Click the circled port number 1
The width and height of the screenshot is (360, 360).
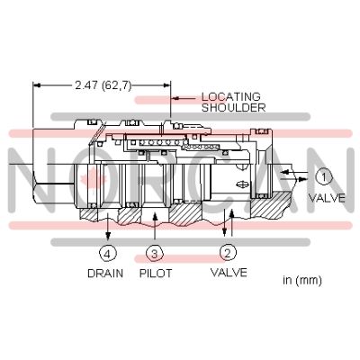(x=324, y=176)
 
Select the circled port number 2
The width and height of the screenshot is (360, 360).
(x=228, y=253)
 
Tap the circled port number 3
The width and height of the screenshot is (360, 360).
(x=154, y=254)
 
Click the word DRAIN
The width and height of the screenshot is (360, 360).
(x=105, y=274)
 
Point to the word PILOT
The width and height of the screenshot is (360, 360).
(x=156, y=274)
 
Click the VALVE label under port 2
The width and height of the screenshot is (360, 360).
(x=229, y=273)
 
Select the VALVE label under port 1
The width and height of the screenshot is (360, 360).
(x=328, y=198)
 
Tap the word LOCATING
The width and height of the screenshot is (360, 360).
(x=230, y=96)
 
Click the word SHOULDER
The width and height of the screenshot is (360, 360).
(x=234, y=107)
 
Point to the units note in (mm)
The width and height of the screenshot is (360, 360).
(x=302, y=280)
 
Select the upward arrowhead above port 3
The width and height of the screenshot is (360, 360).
(x=155, y=216)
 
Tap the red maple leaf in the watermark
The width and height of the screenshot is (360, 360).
(x=94, y=180)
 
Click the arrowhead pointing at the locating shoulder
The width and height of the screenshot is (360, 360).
(x=175, y=98)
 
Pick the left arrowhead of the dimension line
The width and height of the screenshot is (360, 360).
(x=37, y=85)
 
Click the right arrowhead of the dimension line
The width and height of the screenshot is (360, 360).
(x=166, y=85)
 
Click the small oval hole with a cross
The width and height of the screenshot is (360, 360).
(x=242, y=184)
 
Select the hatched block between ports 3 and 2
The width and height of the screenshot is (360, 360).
(x=185, y=214)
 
